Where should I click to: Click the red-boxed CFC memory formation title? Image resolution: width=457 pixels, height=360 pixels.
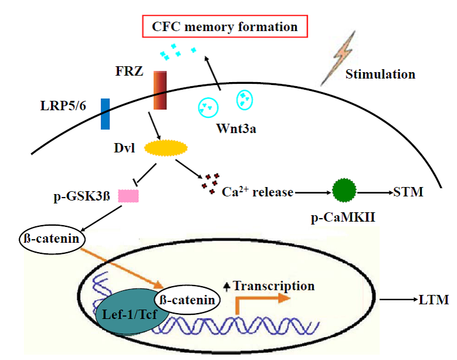[225, 27]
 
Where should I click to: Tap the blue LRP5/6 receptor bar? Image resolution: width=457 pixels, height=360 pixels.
[105, 114]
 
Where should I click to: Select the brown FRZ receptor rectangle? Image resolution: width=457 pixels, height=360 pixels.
[161, 90]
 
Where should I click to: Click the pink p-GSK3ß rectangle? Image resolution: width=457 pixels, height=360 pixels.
[128, 196]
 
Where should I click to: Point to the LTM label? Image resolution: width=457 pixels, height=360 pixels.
[434, 300]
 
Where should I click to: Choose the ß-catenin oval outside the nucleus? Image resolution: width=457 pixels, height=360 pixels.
[53, 240]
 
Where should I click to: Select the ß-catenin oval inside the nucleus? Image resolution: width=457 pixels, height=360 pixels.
[190, 299]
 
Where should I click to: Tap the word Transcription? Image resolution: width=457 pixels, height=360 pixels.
[274, 286]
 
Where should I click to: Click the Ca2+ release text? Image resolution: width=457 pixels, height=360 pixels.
[258, 192]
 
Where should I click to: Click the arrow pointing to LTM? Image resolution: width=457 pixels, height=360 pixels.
[397, 300]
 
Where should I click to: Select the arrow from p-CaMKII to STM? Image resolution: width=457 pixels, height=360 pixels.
[376, 192]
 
